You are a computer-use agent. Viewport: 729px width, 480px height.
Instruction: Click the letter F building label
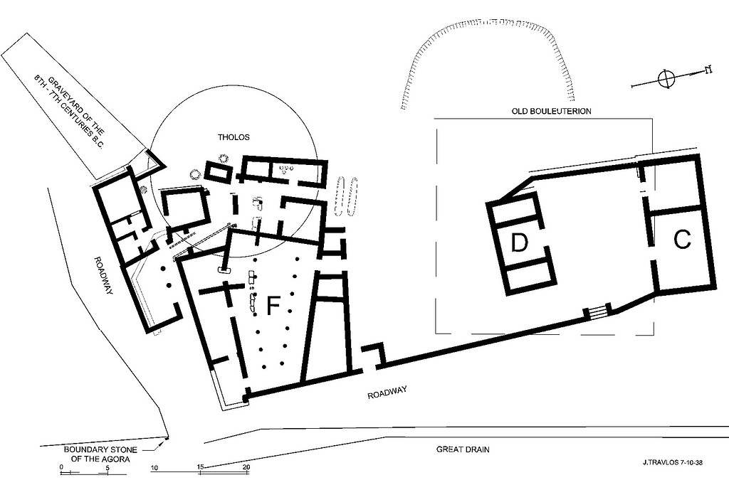(x=273, y=306)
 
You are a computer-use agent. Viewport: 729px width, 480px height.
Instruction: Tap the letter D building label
(x=519, y=242)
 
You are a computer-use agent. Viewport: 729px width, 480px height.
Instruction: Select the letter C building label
(x=682, y=240)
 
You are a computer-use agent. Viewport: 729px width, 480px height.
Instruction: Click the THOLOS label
(x=234, y=137)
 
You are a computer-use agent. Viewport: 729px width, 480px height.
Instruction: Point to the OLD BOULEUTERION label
(x=552, y=112)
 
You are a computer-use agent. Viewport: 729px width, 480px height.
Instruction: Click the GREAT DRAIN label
(x=463, y=449)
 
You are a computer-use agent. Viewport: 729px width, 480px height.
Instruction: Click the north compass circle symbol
(x=666, y=78)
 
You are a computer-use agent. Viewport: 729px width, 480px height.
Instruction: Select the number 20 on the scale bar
(x=246, y=467)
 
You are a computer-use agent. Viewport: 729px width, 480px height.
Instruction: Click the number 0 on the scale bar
(x=61, y=467)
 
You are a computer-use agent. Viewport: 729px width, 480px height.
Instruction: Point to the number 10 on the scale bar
(x=154, y=467)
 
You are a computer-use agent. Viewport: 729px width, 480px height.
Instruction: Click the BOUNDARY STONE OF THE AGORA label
(x=100, y=454)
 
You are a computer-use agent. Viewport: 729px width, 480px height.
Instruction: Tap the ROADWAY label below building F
(x=387, y=393)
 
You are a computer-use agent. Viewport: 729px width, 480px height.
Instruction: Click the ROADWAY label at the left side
(x=104, y=276)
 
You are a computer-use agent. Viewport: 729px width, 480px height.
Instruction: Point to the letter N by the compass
(x=709, y=70)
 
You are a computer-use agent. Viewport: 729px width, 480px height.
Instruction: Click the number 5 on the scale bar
(x=107, y=467)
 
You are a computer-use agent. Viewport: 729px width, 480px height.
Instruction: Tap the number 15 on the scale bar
(x=200, y=467)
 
